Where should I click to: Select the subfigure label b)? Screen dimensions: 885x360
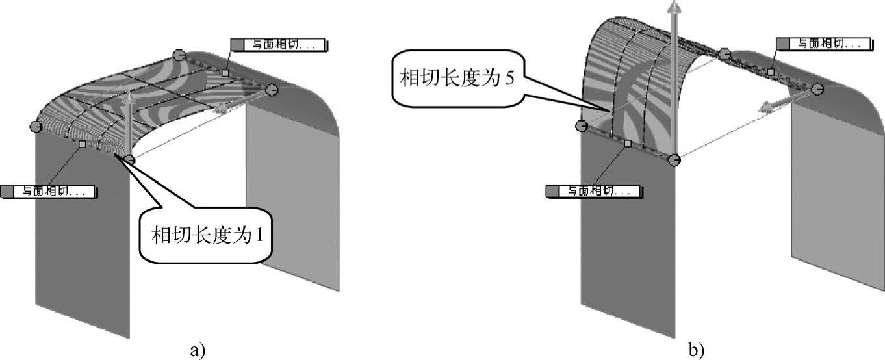pyautogui.click(x=696, y=350)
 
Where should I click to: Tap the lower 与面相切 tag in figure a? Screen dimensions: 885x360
pyautogui.click(x=48, y=192)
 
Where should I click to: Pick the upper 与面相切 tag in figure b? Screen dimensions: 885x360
pyautogui.click(x=823, y=44)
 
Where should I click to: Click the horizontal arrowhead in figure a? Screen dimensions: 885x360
pyautogui.click(x=222, y=109)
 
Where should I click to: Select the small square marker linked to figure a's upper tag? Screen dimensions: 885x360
pyautogui.click(x=225, y=73)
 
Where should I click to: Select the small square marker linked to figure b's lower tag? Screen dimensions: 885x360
pyautogui.click(x=627, y=142)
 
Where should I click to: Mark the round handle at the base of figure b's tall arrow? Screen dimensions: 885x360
pyautogui.click(x=675, y=159)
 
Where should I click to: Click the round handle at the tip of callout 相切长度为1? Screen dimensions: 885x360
pyautogui.click(x=130, y=159)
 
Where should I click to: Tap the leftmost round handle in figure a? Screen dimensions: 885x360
pyautogui.click(x=36, y=126)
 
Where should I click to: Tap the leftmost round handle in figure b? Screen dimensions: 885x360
pyautogui.click(x=582, y=125)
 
